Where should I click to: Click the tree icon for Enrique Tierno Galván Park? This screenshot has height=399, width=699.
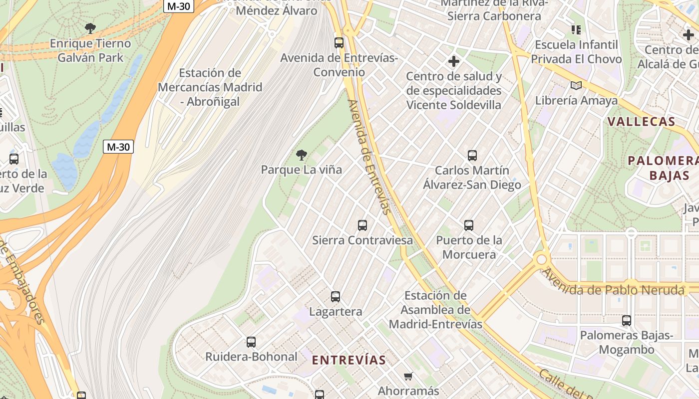coord(90,28)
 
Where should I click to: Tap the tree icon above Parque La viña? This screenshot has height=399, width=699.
coord(301,155)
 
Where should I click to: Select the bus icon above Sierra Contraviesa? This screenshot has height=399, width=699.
coord(362,225)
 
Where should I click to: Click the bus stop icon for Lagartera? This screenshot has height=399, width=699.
coord(336,297)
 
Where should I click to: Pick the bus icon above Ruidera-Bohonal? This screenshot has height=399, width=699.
coord(251,342)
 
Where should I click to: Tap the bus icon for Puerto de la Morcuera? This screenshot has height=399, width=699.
coord(469,225)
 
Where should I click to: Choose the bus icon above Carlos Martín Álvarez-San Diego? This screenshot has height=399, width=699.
coord(472,155)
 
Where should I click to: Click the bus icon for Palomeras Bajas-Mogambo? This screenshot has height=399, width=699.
coord(627,320)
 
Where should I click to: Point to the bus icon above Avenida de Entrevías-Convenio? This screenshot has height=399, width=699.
coord(339,43)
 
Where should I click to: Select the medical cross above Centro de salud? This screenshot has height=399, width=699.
coord(453,61)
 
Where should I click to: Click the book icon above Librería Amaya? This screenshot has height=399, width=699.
coord(576,85)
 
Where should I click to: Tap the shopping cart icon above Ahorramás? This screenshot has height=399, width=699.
coord(408,376)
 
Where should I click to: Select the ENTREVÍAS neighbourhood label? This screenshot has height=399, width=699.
coord(349,360)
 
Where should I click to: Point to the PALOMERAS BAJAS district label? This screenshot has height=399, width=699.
coord(663,168)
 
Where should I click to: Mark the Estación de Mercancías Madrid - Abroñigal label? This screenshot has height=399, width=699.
coord(210,87)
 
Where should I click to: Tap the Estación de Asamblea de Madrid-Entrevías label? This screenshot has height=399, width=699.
coord(435,310)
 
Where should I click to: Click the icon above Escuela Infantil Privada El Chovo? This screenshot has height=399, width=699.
coord(576,30)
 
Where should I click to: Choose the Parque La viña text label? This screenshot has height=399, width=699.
coord(302,170)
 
